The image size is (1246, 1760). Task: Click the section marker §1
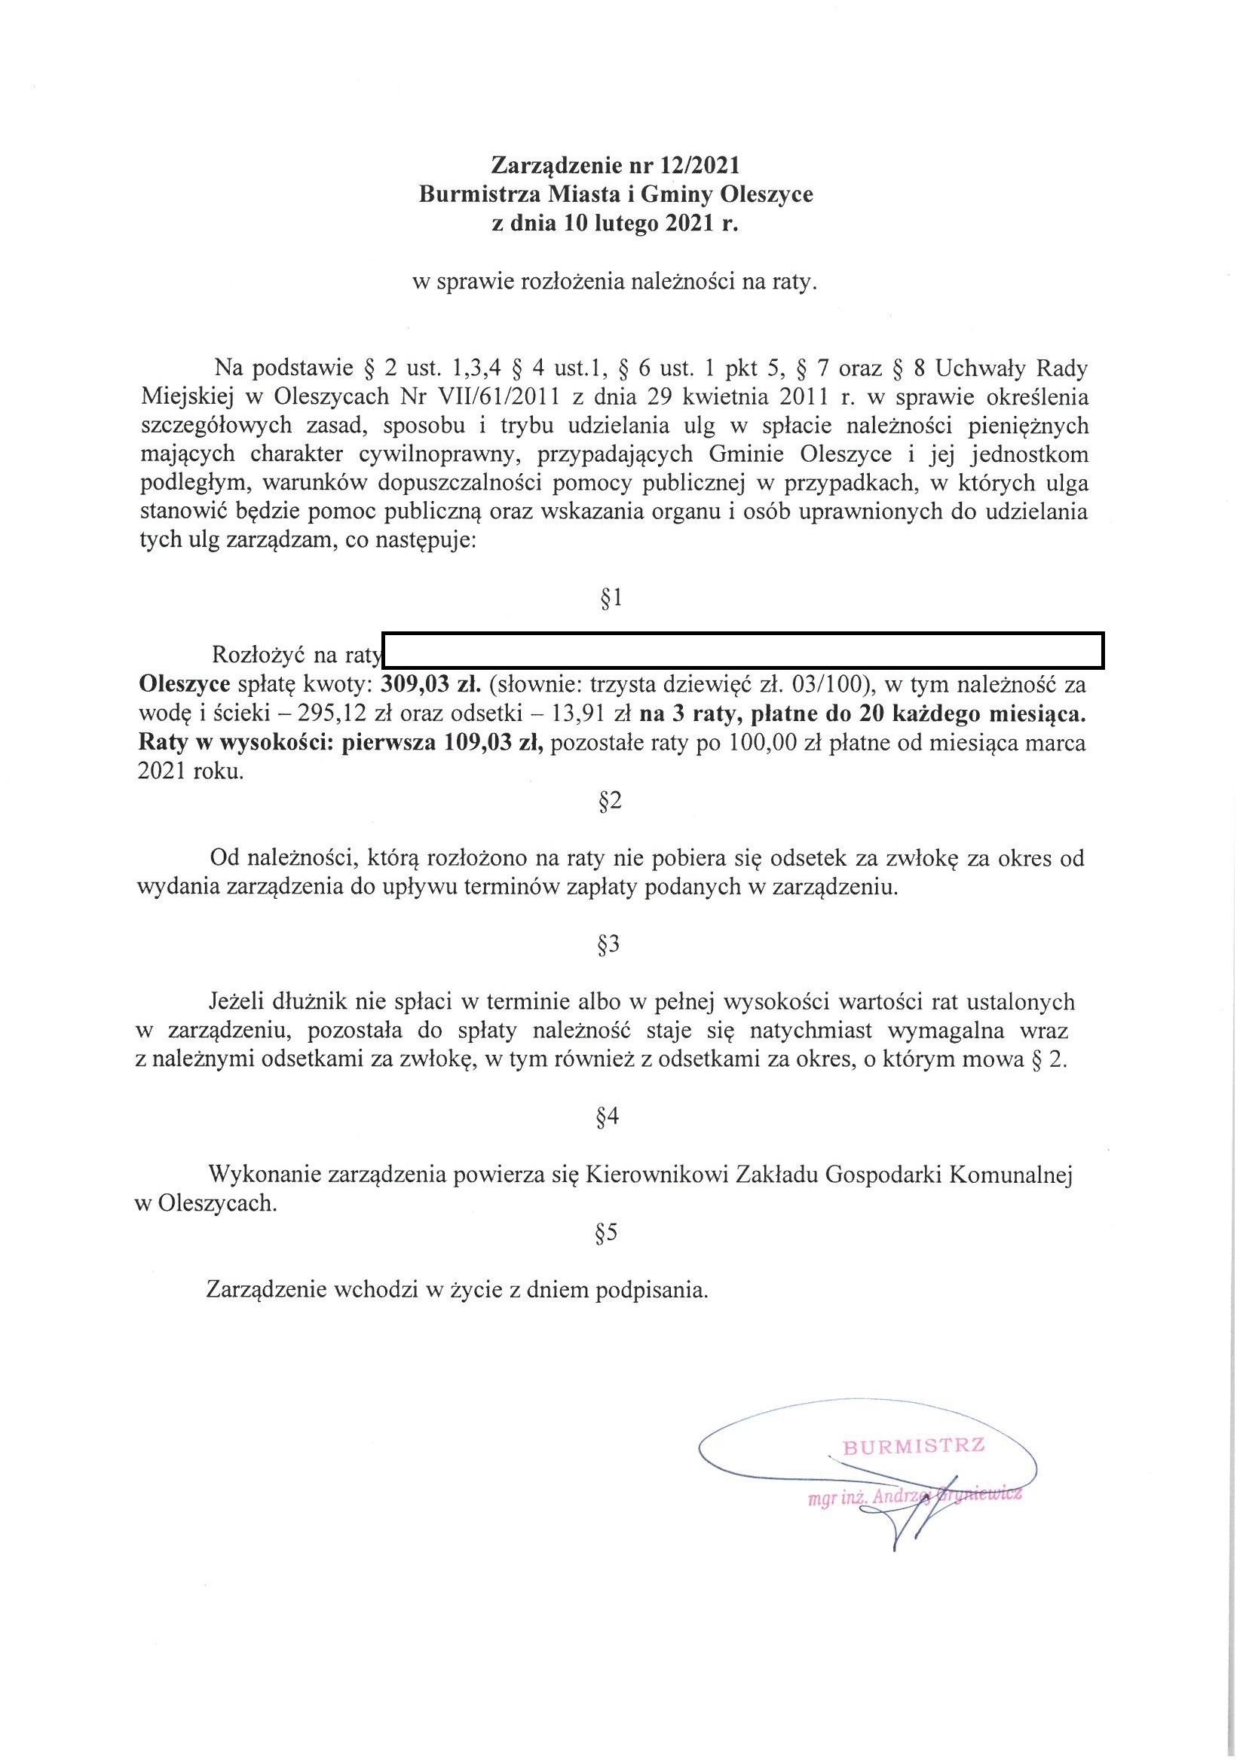click(x=611, y=598)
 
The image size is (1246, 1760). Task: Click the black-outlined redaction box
click(x=742, y=650)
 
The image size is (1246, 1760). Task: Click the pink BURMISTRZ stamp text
click(x=914, y=1447)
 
